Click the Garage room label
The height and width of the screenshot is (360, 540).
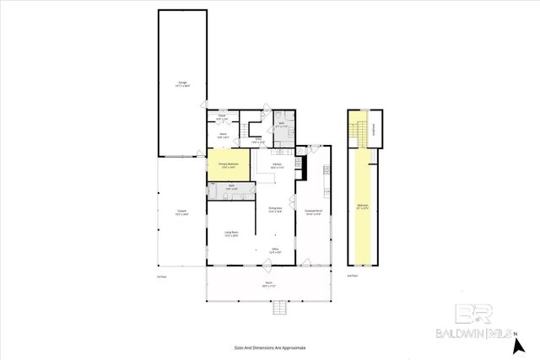click(182, 83)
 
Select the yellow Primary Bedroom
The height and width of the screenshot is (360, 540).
click(229, 165)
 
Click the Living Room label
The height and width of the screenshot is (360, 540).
click(231, 234)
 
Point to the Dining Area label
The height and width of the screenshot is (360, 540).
click(275, 210)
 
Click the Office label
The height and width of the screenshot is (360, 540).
click(275, 250)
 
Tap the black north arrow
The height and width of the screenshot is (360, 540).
click(521, 344)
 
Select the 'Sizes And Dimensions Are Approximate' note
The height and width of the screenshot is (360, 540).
click(269, 347)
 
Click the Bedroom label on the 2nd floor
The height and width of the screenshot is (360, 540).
click(362, 205)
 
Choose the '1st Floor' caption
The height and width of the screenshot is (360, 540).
click(162, 275)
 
